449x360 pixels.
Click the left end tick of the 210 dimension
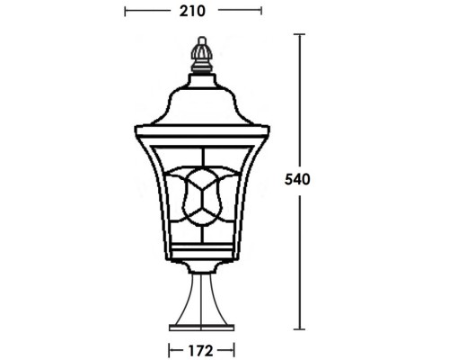click(125, 12)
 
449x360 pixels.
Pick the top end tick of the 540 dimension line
click(299, 33)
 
